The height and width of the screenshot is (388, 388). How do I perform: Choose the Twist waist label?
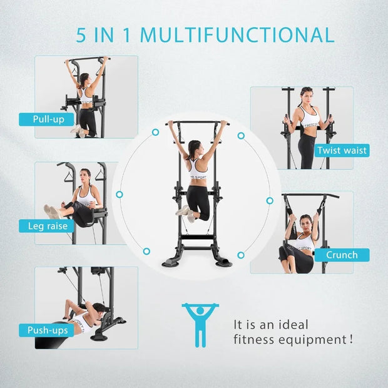tap(342, 150)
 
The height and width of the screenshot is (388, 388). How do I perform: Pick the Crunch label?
tap(342, 255)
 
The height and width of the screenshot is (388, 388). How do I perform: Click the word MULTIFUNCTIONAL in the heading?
tap(237, 34)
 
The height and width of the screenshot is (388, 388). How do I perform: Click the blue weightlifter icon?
tap(200, 324)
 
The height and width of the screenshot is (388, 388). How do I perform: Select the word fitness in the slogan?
tap(255, 340)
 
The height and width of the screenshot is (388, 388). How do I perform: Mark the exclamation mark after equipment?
tap(352, 339)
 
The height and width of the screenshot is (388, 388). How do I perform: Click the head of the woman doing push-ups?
tap(98, 308)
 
